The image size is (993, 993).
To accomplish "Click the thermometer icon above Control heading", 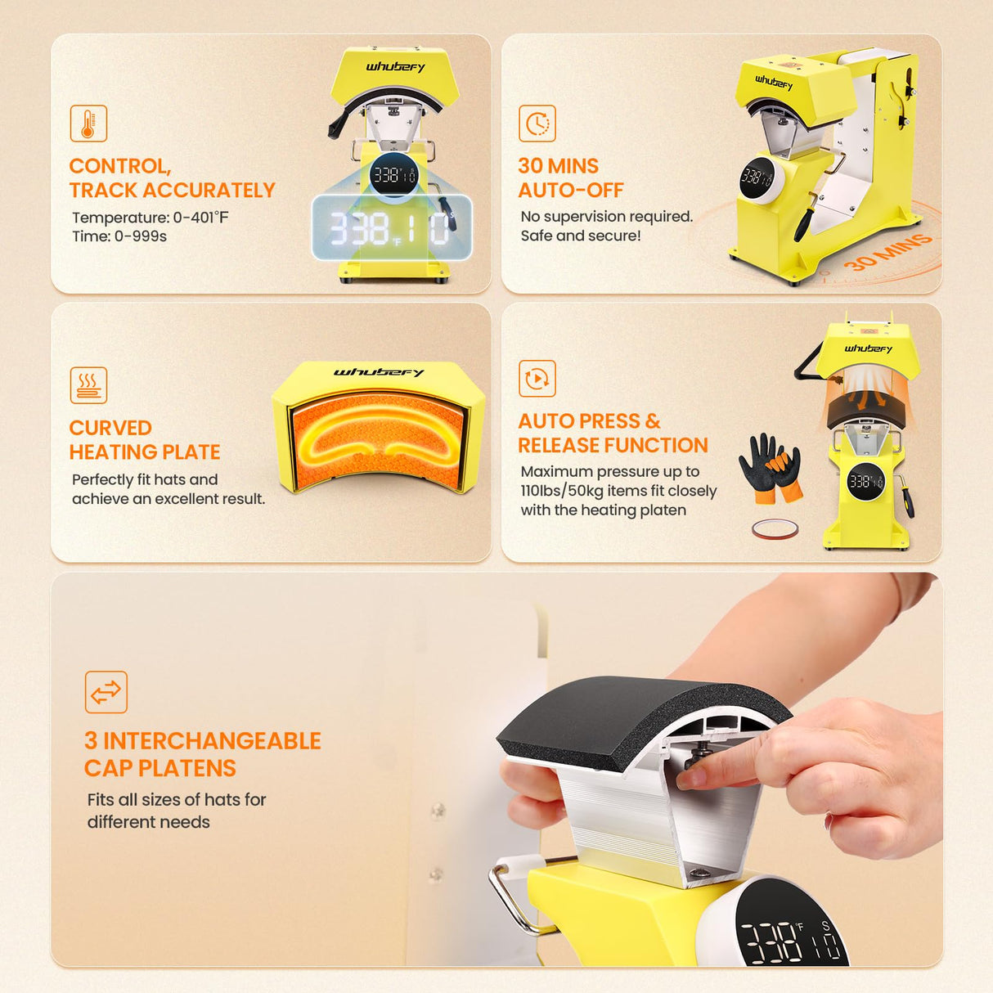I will click(x=88, y=124).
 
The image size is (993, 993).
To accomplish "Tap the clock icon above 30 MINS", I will click(x=537, y=124).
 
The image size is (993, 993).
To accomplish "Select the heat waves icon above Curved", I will click(x=88, y=385).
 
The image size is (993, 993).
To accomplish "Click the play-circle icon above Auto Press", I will click(x=537, y=379).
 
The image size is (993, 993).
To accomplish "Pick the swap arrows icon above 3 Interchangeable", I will click(x=106, y=692).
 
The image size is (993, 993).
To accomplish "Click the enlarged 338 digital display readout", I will click(x=391, y=228).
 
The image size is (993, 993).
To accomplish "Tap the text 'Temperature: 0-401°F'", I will click(x=151, y=218).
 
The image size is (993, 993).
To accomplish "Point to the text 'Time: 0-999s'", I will click(x=119, y=236).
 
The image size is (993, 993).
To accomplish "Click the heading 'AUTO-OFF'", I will click(x=570, y=191).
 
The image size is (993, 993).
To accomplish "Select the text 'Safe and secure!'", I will click(x=580, y=236).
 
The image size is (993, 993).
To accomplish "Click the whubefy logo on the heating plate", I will click(x=378, y=373).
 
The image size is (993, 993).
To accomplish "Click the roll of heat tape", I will click(x=775, y=529).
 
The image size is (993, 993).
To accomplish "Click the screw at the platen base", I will click(x=700, y=874).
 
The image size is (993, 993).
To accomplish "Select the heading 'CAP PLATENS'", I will click(x=160, y=769).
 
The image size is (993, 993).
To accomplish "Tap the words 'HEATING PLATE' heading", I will click(x=145, y=452).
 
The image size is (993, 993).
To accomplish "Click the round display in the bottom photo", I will click(x=789, y=932).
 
